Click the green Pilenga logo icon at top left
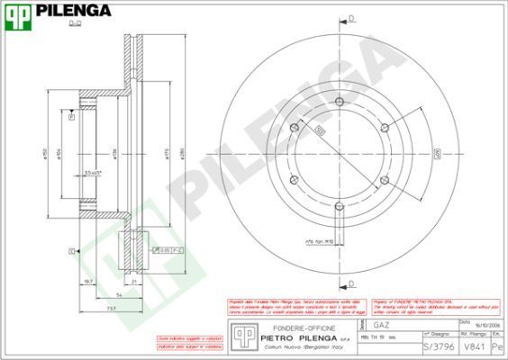19,13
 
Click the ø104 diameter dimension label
59,154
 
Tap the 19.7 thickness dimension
88,281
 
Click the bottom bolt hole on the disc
339,209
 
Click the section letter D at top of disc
350,17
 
